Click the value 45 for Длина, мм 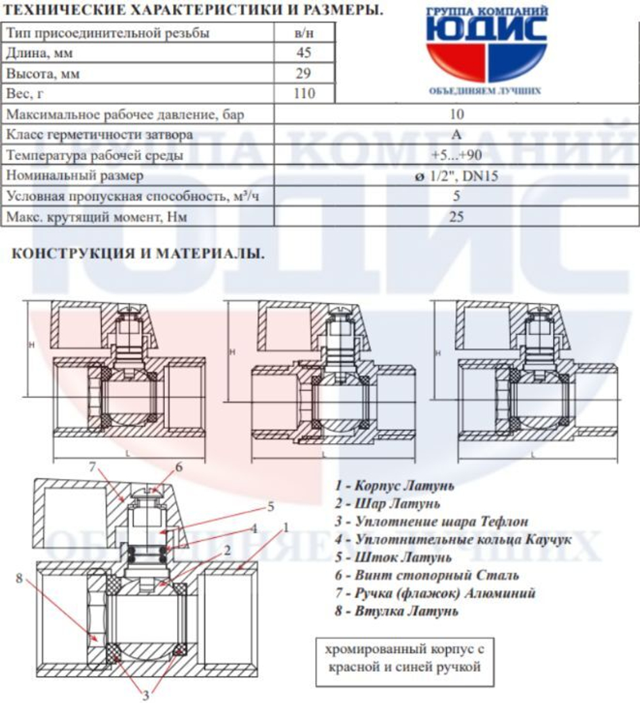(x=303, y=53)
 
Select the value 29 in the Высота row (x=303, y=74)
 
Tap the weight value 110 (x=303, y=94)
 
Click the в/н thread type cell (x=303, y=33)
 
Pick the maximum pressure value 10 (x=456, y=115)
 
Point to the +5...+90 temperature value (x=456, y=156)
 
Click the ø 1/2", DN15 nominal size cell (x=456, y=176)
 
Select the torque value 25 (x=456, y=217)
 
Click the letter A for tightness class (x=456, y=135)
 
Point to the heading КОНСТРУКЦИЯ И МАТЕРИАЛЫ (x=138, y=254)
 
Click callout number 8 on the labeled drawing (x=20, y=579)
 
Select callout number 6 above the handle (x=179, y=467)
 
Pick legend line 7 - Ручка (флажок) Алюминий (x=435, y=594)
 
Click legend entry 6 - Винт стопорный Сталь (x=426, y=576)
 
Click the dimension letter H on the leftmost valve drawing (x=31, y=344)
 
